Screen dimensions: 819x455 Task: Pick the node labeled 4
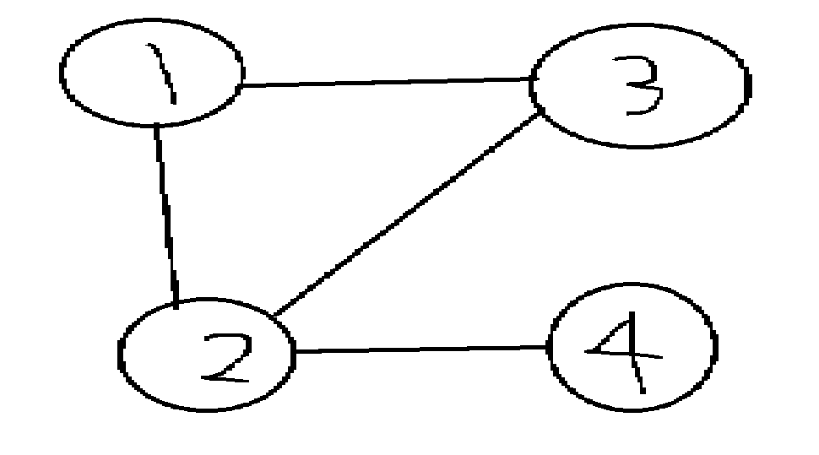click(x=632, y=347)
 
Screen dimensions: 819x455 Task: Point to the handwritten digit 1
click(x=167, y=76)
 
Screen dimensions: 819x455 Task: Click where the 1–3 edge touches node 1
click(x=242, y=85)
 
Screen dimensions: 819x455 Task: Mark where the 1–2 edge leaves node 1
click(x=155, y=126)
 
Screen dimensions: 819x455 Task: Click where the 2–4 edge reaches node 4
click(x=549, y=347)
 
